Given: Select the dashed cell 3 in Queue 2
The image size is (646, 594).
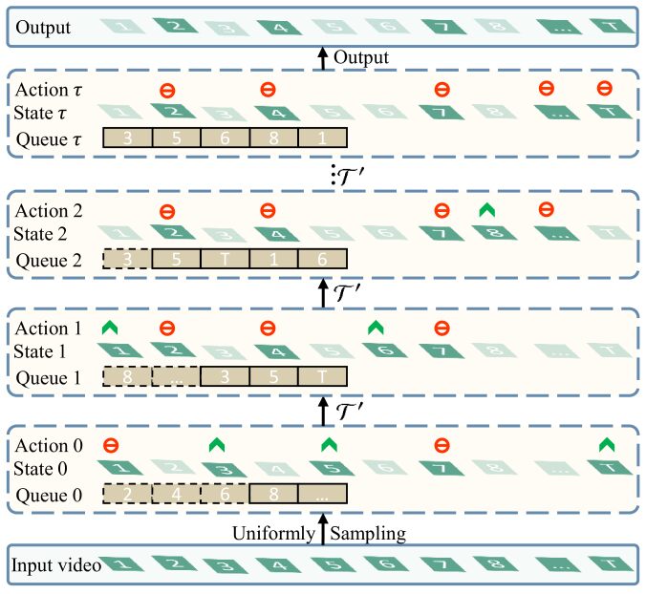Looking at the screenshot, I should [126, 258].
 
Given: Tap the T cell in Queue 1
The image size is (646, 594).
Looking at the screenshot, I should [322, 376].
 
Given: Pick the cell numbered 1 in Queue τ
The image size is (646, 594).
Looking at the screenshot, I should [322, 139].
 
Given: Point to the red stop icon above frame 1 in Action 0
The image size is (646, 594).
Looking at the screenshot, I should [111, 444].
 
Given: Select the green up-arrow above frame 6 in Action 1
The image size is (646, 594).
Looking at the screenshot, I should [377, 327].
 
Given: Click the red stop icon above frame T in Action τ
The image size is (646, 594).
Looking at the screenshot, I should [604, 90].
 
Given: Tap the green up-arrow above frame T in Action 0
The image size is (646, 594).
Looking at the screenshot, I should [604, 444].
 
